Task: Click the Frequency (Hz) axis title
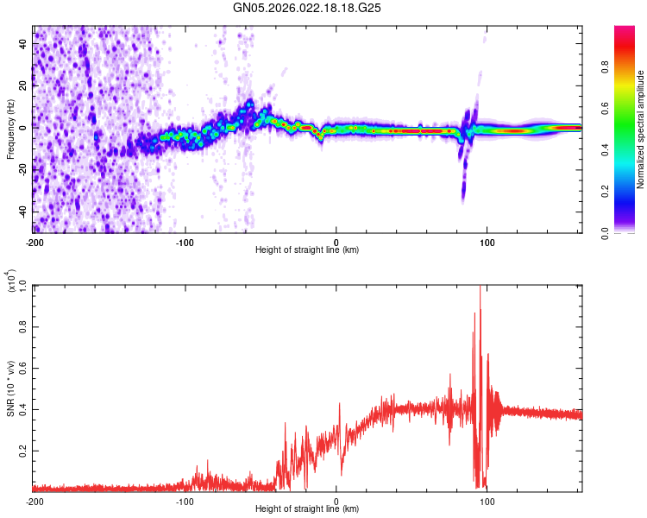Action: (x=10, y=129)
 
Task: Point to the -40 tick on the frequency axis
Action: (x=22, y=211)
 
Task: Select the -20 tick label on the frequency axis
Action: (x=22, y=169)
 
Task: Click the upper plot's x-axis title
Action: (x=307, y=250)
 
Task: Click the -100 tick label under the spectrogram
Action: (x=185, y=242)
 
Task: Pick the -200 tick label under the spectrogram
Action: (x=35, y=242)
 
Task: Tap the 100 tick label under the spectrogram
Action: (x=487, y=242)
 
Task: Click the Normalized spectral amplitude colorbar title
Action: (x=641, y=129)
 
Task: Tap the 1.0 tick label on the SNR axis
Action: (x=22, y=285)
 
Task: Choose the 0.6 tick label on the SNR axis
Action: (x=22, y=368)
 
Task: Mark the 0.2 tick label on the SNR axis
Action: (x=22, y=451)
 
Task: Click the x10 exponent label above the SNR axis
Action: (x=12, y=281)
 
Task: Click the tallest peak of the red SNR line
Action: (x=480, y=287)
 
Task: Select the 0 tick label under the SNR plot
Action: (x=336, y=501)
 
